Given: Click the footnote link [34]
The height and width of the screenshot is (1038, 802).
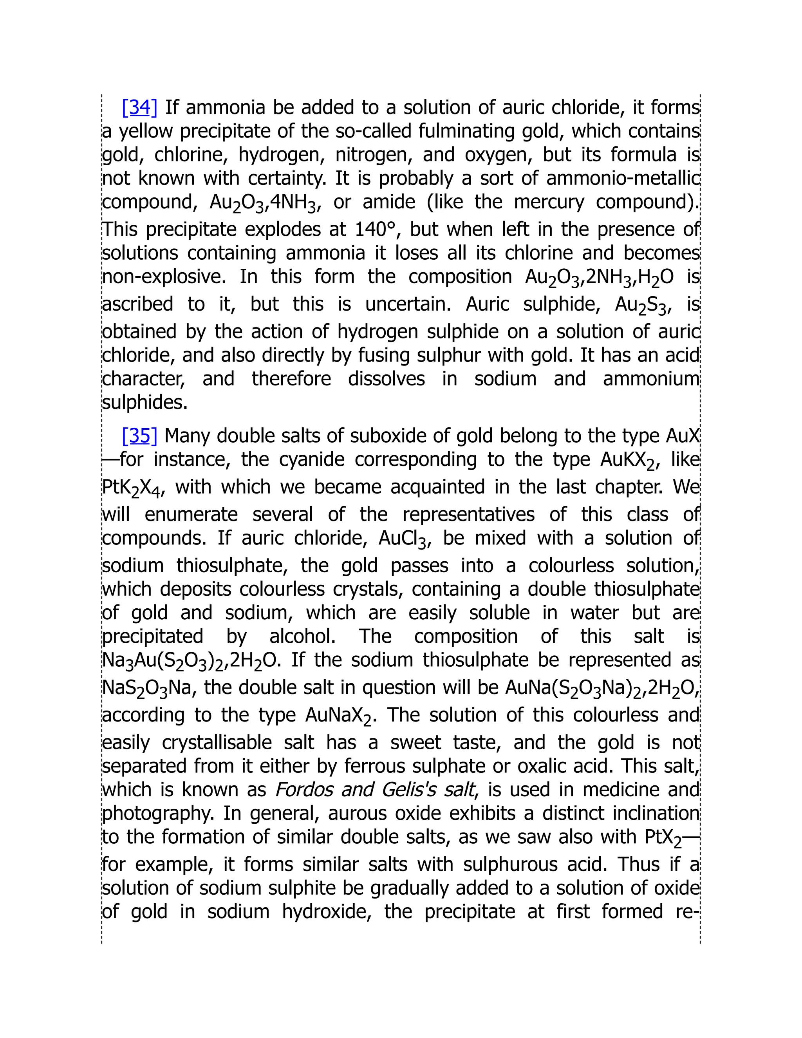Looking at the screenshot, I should point(139,107).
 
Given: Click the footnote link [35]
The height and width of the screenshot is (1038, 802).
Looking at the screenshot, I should point(139,435).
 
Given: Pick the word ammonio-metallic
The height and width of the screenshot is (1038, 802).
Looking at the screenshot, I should point(623,179).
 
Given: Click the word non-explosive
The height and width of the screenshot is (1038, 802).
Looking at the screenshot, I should point(164,277).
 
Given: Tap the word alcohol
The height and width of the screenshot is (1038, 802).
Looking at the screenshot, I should point(302,637).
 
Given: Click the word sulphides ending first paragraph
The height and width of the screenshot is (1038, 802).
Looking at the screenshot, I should point(145,403).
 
